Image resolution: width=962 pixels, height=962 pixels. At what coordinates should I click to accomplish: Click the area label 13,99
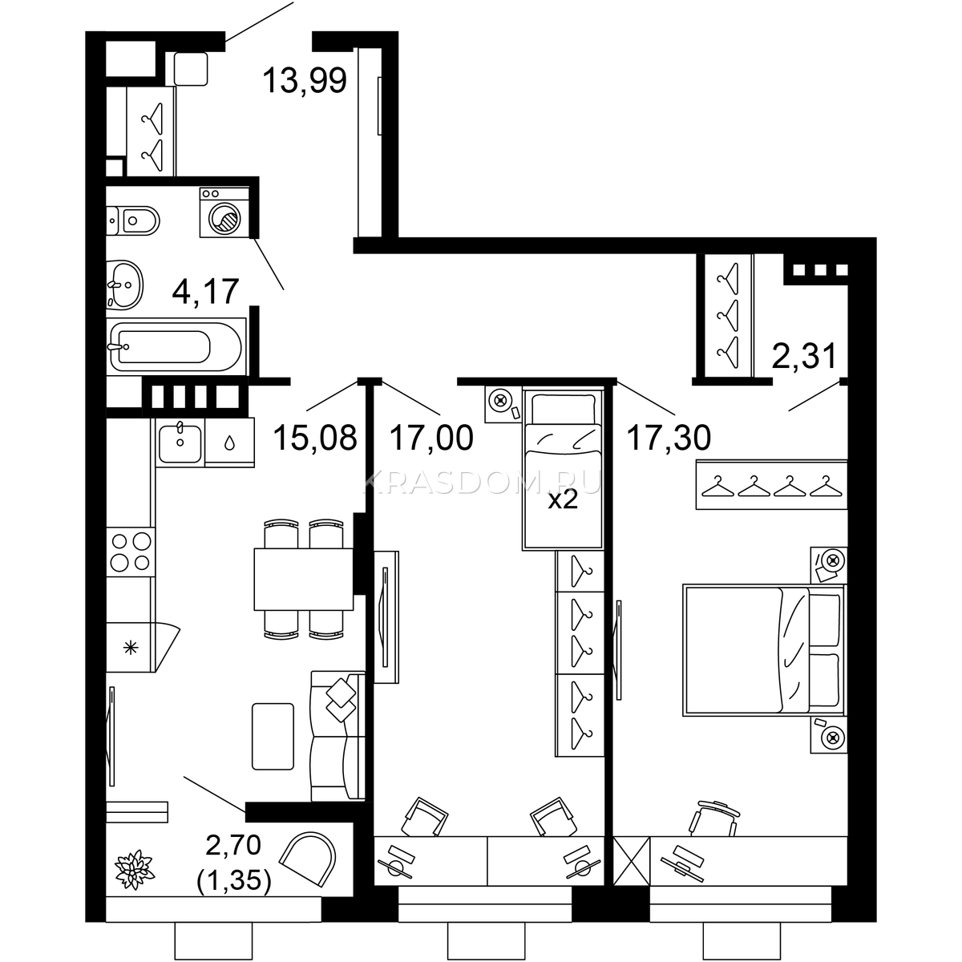click(x=304, y=80)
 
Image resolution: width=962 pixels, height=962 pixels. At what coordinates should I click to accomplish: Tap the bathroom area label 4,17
click(x=205, y=292)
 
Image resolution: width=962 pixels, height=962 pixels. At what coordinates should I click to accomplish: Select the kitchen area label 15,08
click(x=315, y=438)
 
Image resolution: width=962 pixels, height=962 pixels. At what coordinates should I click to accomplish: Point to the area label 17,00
click(x=431, y=438)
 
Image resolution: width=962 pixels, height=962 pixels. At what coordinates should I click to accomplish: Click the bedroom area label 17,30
click(x=669, y=438)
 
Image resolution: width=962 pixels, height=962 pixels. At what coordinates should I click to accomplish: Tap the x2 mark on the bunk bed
click(x=563, y=499)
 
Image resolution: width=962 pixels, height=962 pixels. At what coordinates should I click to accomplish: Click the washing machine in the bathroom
click(x=224, y=212)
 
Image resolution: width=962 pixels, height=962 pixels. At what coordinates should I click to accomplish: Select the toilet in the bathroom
click(x=133, y=220)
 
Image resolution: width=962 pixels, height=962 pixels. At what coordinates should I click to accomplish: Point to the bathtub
click(x=176, y=346)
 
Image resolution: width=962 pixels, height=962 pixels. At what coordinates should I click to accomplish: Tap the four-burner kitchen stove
click(x=131, y=552)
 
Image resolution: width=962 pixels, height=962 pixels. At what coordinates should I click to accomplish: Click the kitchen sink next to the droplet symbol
click(x=180, y=443)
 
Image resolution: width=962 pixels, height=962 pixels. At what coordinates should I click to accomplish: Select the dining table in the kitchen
click(x=304, y=579)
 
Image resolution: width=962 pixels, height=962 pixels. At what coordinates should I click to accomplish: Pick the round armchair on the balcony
click(x=308, y=858)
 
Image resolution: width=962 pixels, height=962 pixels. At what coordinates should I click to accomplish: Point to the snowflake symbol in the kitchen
click(x=131, y=648)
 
